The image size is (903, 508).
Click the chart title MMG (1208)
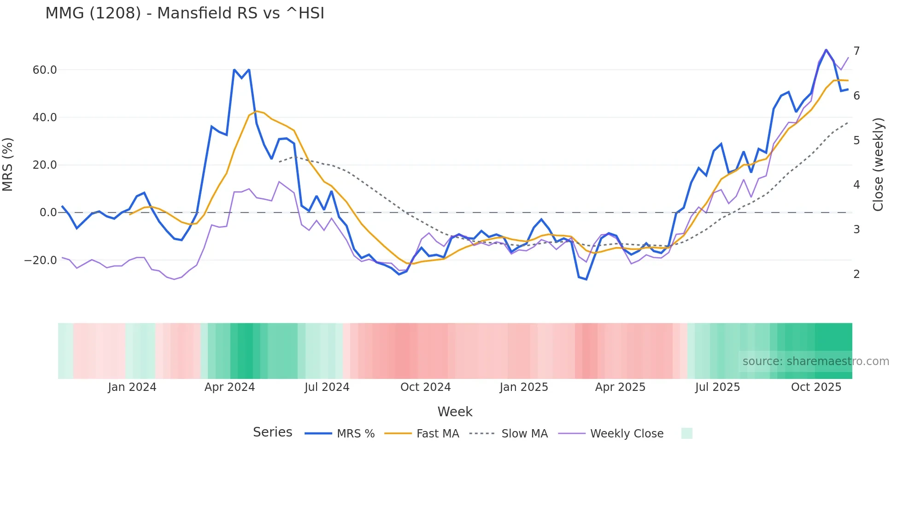(185, 13)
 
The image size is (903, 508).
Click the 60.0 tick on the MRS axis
(45, 70)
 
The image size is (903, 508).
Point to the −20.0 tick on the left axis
(41, 260)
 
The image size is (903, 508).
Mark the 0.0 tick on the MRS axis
(48, 213)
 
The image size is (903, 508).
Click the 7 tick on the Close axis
(856, 51)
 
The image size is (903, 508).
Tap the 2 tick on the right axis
(856, 274)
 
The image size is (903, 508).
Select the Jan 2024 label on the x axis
(132, 387)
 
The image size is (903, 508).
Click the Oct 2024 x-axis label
(425, 387)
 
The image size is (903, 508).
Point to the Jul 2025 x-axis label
(717, 387)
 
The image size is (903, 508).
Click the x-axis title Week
(455, 412)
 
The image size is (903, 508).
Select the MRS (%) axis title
(8, 165)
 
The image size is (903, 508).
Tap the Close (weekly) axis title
(878, 165)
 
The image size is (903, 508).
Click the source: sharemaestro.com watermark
(815, 361)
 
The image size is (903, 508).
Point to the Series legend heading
(272, 432)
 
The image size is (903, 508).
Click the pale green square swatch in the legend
(686, 433)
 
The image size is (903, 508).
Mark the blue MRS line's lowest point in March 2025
(586, 279)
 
